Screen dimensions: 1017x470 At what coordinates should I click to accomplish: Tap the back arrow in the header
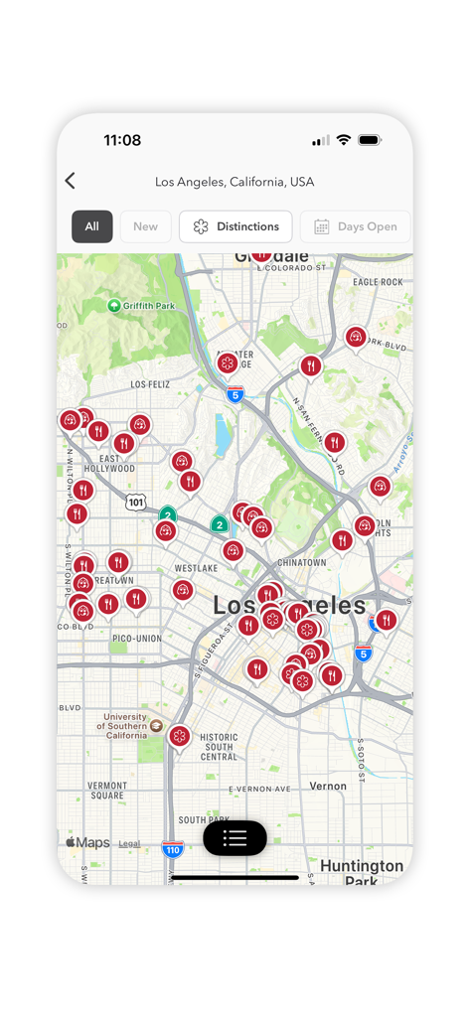(70, 181)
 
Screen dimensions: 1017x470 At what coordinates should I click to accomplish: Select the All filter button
(91, 226)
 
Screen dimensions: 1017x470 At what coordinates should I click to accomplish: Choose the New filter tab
(145, 226)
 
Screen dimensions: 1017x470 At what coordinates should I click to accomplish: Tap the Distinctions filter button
(235, 226)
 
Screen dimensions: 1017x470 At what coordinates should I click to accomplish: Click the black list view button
(235, 838)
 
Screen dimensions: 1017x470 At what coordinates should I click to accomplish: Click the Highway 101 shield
(135, 503)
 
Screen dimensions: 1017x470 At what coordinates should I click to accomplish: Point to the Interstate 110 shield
(173, 849)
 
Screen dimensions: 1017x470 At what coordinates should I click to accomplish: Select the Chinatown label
(302, 563)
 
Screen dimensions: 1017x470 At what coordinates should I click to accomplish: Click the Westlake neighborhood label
(196, 568)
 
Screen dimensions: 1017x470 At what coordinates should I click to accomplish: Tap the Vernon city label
(328, 786)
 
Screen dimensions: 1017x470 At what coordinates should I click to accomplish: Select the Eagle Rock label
(378, 282)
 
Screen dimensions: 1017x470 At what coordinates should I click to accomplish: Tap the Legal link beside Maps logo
(129, 844)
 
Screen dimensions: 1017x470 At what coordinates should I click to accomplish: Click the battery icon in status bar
(370, 140)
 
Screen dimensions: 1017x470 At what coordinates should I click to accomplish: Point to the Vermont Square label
(106, 791)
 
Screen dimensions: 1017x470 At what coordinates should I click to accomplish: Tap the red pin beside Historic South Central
(179, 736)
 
